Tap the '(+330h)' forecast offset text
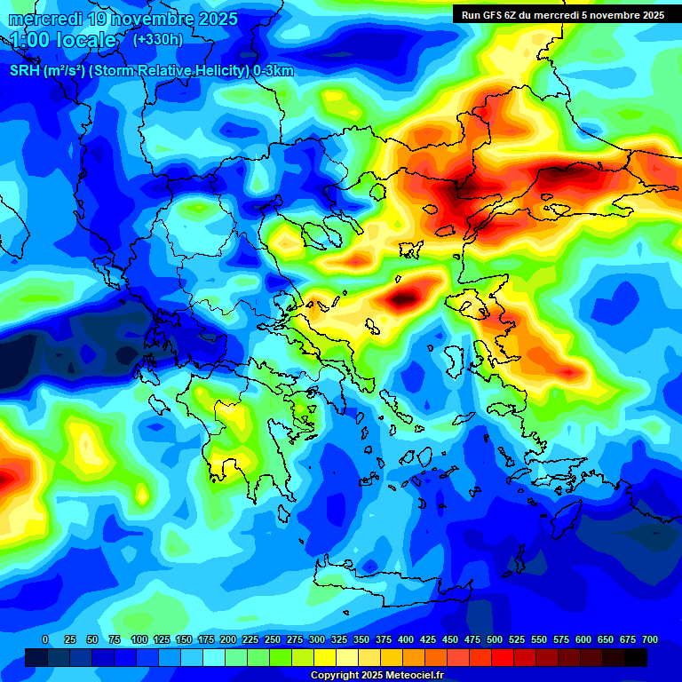pyautogui.click(x=157, y=39)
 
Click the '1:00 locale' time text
pyautogui.click(x=64, y=40)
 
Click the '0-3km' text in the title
pyautogui.click(x=274, y=71)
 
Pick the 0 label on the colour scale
pyautogui.click(x=45, y=639)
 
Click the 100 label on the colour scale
pyautogui.click(x=139, y=639)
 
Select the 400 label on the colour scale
pyautogui.click(x=406, y=639)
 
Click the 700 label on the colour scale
pyautogui.click(x=650, y=639)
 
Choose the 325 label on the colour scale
pyautogui.click(x=339, y=639)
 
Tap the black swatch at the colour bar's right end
pyautogui.click(x=636, y=657)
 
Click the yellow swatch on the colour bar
pyautogui.click(x=325, y=657)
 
